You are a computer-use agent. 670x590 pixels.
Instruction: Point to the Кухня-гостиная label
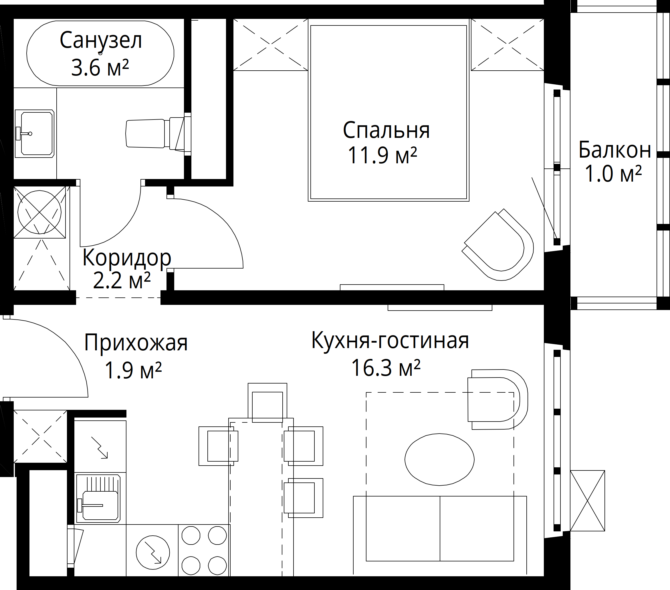point(390,341)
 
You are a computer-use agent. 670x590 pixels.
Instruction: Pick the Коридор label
point(127,259)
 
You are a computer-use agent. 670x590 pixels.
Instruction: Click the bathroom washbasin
point(34,134)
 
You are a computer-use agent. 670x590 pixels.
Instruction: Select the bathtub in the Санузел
point(100,53)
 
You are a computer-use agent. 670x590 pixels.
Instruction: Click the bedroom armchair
point(497,245)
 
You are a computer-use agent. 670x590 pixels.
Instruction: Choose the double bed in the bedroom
point(388,110)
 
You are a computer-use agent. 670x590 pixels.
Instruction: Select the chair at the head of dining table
point(267,403)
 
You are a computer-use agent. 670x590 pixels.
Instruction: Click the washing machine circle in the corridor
point(39,212)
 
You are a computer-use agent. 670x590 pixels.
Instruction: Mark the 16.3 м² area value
point(386,367)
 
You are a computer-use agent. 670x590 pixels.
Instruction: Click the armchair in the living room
point(497,399)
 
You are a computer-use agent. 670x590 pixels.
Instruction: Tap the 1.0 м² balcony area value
point(613,174)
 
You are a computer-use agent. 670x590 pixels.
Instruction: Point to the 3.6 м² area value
point(100,68)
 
